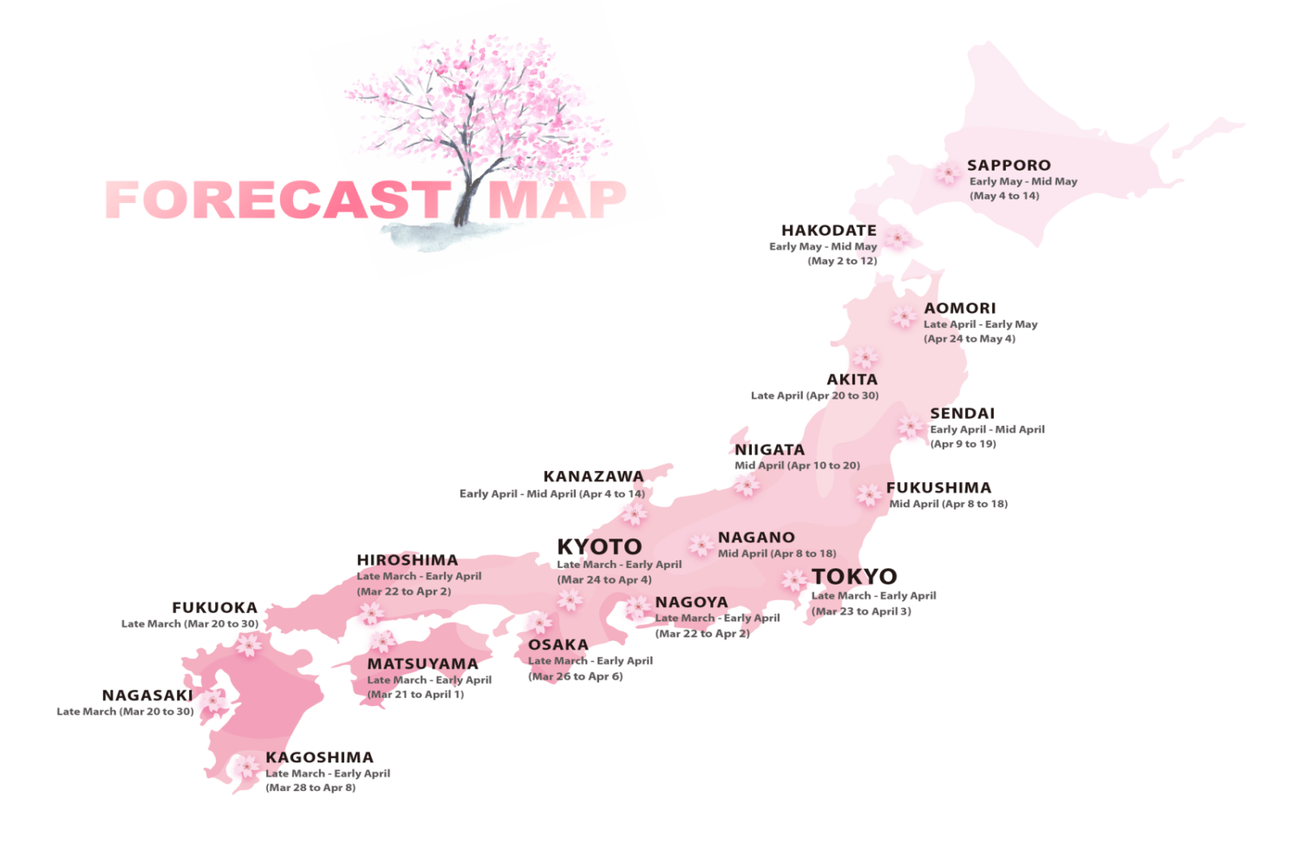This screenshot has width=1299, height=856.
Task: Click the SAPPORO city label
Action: [x=1009, y=165]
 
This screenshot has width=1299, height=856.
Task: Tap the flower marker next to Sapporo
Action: [x=947, y=173]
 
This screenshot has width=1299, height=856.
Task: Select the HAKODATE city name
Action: [x=828, y=230]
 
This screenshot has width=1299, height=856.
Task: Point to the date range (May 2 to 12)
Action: [x=842, y=261]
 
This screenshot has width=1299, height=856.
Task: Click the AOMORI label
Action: [x=959, y=308]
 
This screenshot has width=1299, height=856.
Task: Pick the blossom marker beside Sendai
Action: [x=911, y=426]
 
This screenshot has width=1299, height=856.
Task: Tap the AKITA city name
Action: [x=852, y=379]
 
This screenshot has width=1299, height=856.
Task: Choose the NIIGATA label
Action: [x=769, y=449]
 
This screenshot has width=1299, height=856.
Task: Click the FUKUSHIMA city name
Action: [x=938, y=487]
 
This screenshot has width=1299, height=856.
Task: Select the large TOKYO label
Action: [x=854, y=576]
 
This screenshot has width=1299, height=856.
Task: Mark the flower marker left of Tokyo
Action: [x=793, y=579]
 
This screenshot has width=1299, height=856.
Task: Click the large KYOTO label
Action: [x=599, y=546]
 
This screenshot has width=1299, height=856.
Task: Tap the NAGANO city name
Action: [x=756, y=538]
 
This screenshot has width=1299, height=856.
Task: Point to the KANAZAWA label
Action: [x=593, y=476]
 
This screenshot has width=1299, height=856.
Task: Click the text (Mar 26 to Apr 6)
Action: [x=575, y=676]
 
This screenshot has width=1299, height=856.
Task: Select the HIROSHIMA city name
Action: [x=407, y=560]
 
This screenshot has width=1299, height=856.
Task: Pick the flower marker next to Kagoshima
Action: [x=246, y=767]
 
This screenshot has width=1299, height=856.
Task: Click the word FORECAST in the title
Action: [x=276, y=200]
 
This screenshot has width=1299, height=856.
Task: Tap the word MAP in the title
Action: [x=557, y=200]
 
